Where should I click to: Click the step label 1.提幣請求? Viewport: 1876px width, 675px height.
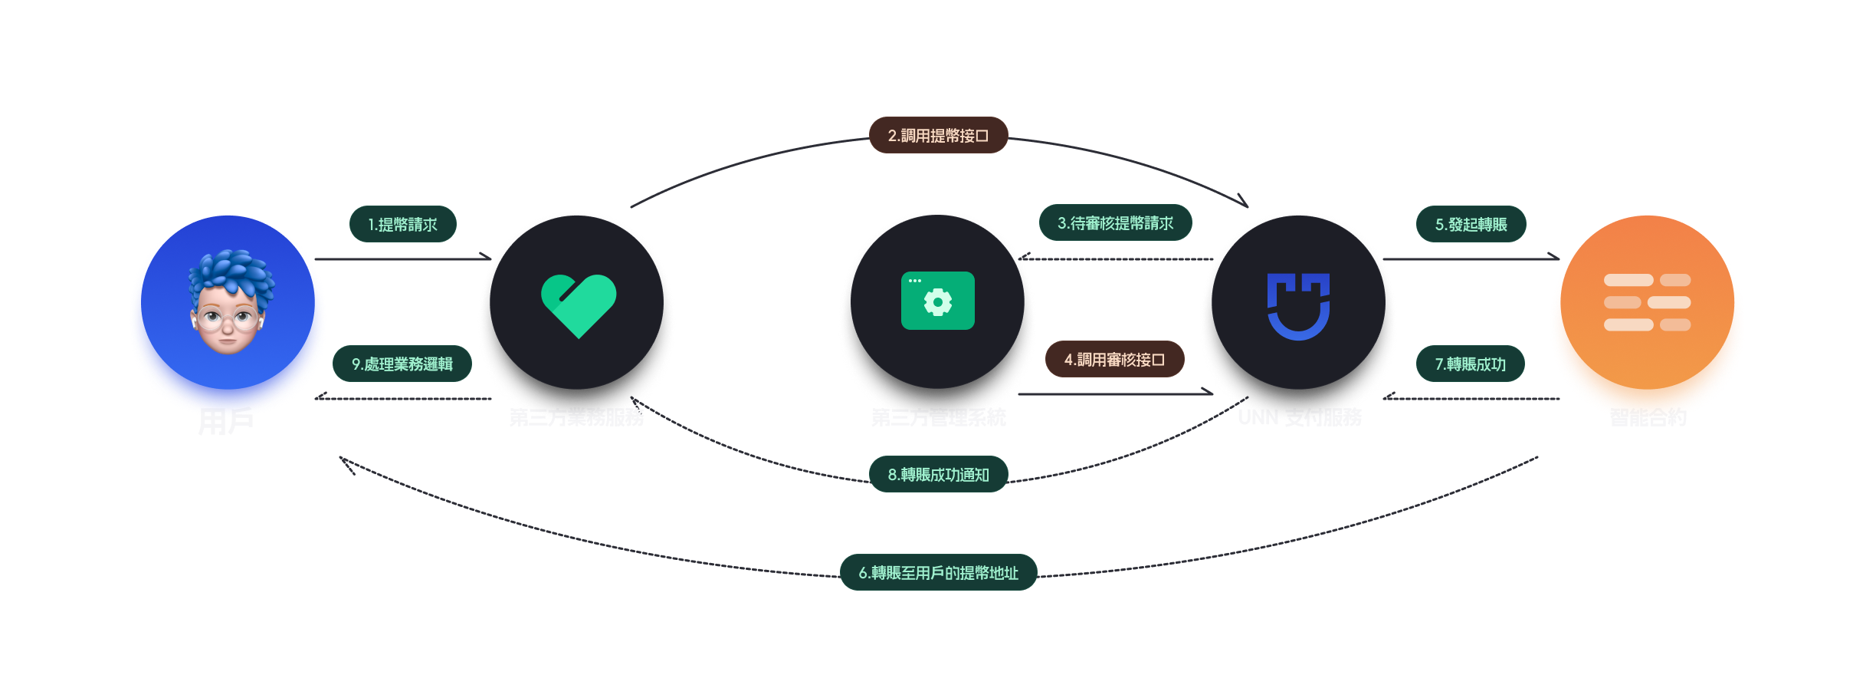coord(402,225)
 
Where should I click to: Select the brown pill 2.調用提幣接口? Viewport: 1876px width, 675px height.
coord(938,136)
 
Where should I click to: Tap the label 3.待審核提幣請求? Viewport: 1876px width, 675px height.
coord(1115,223)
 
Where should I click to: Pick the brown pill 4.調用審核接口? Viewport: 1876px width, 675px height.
coord(1114,360)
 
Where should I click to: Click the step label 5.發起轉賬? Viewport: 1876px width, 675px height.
coord(1471,225)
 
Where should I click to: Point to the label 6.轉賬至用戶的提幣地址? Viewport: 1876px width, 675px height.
coord(938,573)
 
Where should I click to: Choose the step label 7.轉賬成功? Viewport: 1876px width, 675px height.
coord(1470,364)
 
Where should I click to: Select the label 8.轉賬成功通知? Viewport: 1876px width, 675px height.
coord(938,475)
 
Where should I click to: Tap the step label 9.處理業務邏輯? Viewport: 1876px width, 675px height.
coord(402,364)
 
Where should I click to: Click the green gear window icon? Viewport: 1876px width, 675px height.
coord(937,301)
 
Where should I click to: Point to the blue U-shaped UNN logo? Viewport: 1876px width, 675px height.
coord(1298,306)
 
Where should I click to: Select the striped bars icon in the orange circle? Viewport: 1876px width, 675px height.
coord(1647,302)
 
